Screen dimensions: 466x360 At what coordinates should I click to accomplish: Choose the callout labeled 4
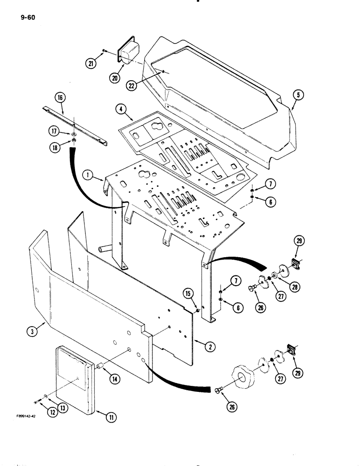(x=121, y=110)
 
